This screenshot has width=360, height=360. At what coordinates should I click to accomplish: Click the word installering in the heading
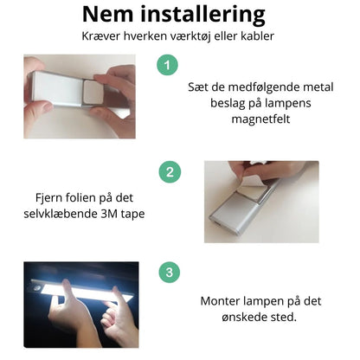[210, 16]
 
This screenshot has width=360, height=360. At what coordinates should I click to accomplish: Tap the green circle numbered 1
[169, 65]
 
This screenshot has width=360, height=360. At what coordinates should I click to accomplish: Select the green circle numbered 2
[169, 171]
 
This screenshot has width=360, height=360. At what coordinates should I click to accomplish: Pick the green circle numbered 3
[169, 273]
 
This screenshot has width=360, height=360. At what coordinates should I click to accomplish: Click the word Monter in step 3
[222, 300]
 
